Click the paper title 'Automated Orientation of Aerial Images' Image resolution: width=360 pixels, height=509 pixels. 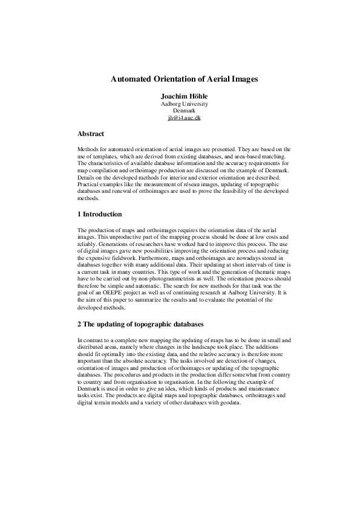(x=184, y=79)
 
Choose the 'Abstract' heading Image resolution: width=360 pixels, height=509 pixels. (x=91, y=134)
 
